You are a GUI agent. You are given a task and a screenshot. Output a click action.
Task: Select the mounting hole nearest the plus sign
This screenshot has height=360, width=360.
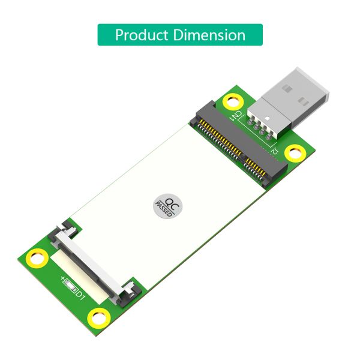(x=37, y=258)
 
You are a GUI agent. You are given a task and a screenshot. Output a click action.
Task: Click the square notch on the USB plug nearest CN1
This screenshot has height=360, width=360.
(x=287, y=88)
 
